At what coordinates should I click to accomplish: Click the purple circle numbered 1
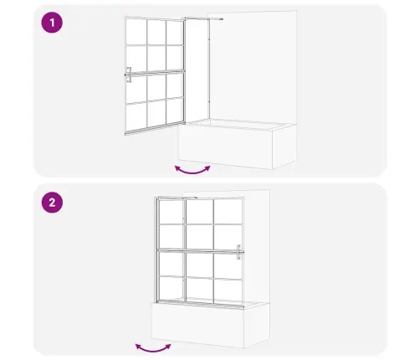click(x=52, y=23)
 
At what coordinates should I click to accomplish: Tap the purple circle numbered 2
click(x=52, y=203)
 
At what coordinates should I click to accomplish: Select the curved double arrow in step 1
click(x=192, y=172)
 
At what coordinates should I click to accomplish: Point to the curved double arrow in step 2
click(x=153, y=350)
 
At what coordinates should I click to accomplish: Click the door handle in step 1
click(x=129, y=75)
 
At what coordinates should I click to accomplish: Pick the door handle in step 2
click(x=238, y=252)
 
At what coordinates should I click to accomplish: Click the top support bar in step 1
click(x=203, y=19)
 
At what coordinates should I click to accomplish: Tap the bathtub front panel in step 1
click(x=225, y=147)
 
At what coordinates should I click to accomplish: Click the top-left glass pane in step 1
click(x=136, y=31)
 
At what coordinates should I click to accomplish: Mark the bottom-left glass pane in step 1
click(x=136, y=116)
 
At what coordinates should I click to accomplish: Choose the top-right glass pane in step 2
click(x=228, y=212)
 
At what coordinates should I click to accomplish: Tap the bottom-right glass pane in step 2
click(x=228, y=290)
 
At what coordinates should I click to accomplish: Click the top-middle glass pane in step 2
click(x=200, y=212)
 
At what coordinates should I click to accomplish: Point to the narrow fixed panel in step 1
click(x=197, y=69)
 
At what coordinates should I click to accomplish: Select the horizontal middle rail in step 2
click(x=199, y=251)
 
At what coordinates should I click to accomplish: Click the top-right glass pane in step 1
click(x=175, y=33)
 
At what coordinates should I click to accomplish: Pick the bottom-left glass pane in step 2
click(x=171, y=288)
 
